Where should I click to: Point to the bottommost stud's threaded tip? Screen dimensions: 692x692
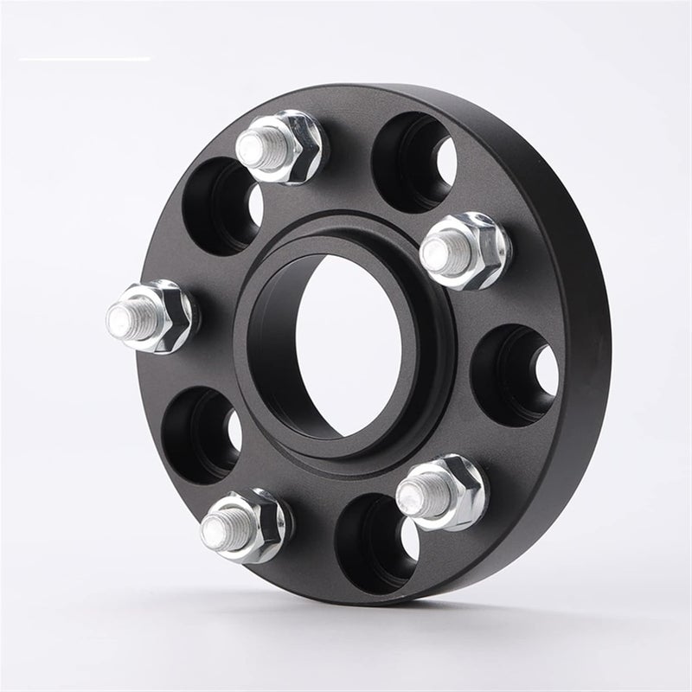[x=217, y=529]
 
